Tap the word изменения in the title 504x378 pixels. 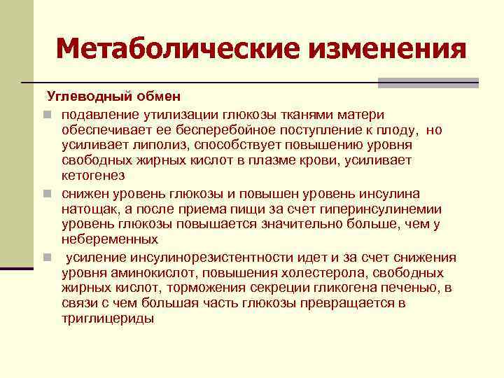(x=377, y=50)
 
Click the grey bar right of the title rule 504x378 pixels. (x=428, y=83)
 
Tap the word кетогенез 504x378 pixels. (x=93, y=176)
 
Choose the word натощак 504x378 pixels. (x=90, y=209)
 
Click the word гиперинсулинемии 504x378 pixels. (x=384, y=209)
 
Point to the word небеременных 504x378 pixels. (x=103, y=240)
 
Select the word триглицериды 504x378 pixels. (x=108, y=319)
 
